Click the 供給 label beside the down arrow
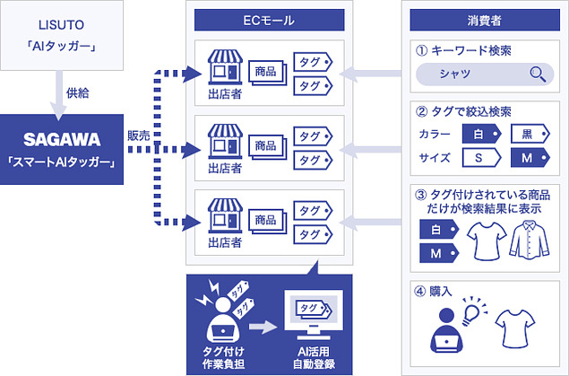[x=78, y=93]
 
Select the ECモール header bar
[x=269, y=19]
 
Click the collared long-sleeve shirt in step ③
[x=526, y=240]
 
